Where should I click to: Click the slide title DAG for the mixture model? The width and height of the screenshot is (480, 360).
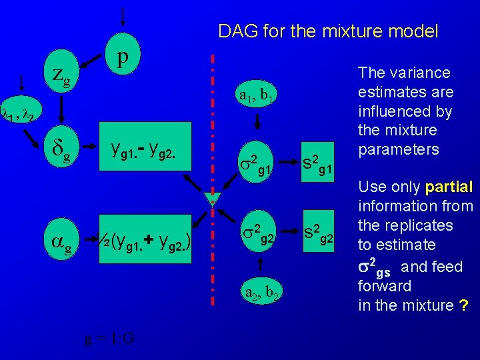(x=328, y=31)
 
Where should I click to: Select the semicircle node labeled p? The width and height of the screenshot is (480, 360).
(x=122, y=57)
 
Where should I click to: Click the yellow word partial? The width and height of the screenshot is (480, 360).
(x=448, y=187)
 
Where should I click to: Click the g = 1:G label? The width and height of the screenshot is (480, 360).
(x=109, y=337)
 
